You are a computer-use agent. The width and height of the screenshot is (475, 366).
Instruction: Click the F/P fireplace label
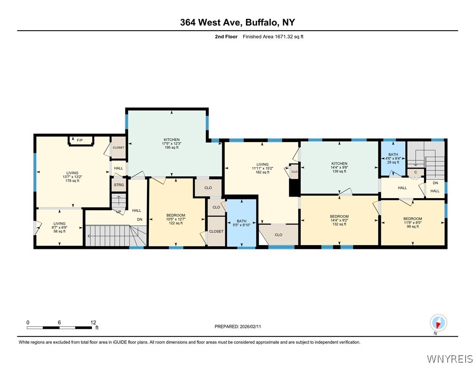tap(80, 140)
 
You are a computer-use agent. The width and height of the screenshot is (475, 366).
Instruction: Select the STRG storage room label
tap(119, 185)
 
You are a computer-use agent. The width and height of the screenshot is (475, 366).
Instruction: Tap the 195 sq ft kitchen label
tap(172, 143)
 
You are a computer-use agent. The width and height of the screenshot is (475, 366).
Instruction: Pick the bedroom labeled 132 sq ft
tap(339, 220)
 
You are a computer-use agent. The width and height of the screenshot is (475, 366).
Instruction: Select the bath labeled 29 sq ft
tap(393, 158)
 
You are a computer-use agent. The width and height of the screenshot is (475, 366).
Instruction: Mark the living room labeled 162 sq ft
tap(260, 168)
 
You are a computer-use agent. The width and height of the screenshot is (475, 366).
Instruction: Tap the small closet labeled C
tap(415, 173)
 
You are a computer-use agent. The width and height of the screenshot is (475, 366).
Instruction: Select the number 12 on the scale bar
tap(93, 322)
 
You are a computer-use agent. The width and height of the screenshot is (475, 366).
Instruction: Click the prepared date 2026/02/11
tap(251, 326)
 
